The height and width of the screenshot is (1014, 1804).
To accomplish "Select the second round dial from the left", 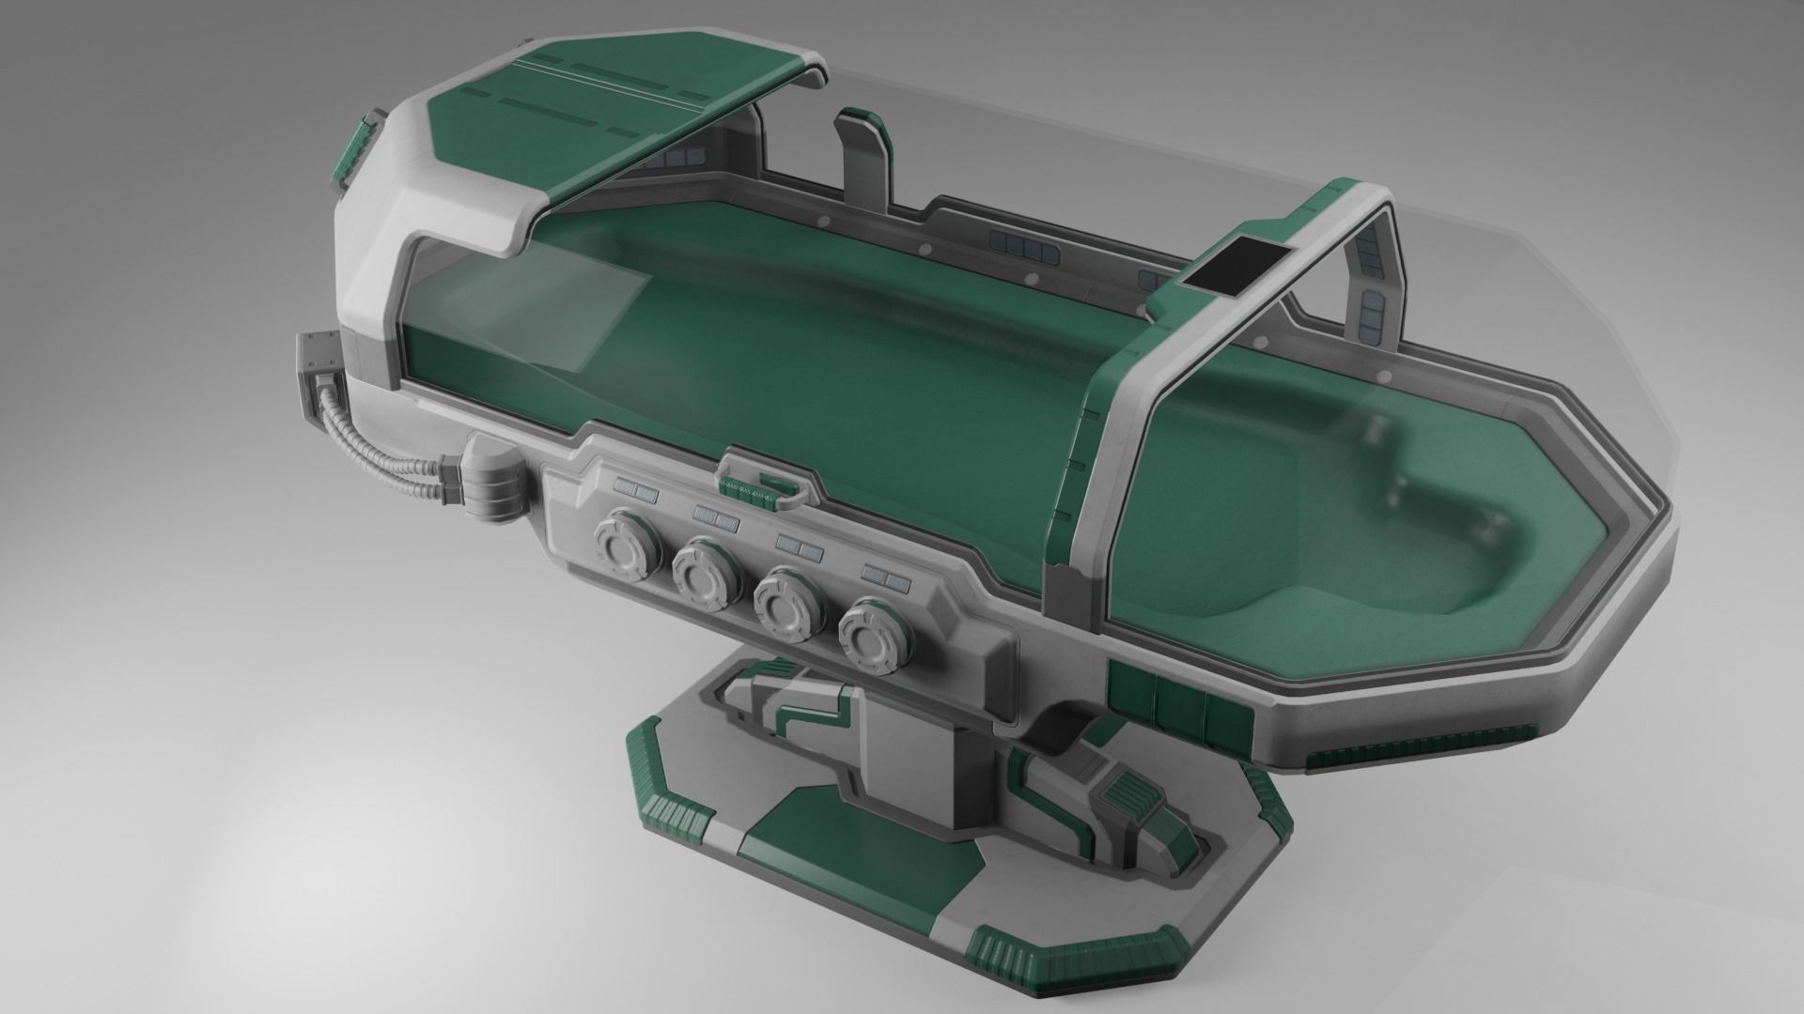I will [704, 572].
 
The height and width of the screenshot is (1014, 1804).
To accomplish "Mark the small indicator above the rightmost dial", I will [884, 574].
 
